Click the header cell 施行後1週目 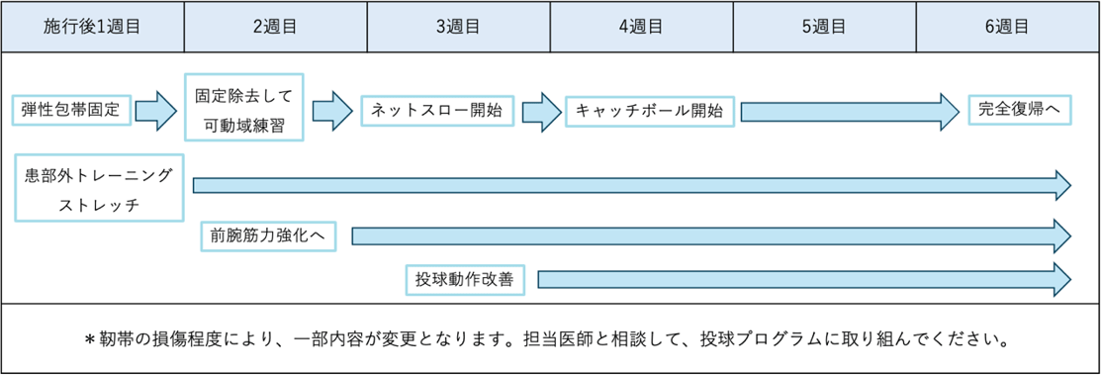(92, 27)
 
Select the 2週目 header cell (275, 27)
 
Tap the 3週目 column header (458, 27)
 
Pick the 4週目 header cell (641, 27)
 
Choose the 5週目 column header (824, 27)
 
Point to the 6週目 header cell (1007, 27)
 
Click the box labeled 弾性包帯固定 (71, 110)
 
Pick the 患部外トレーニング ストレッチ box (100, 187)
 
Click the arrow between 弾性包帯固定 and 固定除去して (155, 110)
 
